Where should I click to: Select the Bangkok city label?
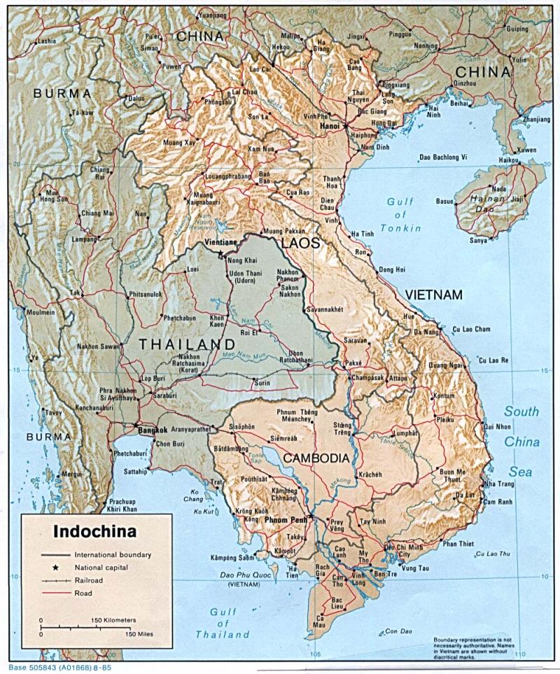pos(153,430)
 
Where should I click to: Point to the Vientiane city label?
pos(220,242)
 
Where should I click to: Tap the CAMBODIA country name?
pos(316,458)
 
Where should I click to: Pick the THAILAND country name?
pos(186,344)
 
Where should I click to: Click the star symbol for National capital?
pos(55,568)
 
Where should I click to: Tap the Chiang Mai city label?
pos(97,213)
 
